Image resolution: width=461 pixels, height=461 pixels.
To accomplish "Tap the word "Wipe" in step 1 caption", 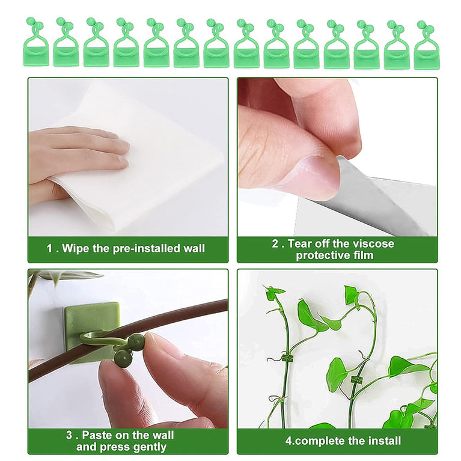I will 76,248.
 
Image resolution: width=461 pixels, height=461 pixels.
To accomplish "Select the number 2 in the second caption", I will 275,243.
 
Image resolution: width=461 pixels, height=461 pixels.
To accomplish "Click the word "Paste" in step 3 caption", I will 96,435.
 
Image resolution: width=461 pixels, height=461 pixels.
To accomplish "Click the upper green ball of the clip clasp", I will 136,341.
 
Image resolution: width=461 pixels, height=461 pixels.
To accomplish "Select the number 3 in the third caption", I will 70,435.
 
